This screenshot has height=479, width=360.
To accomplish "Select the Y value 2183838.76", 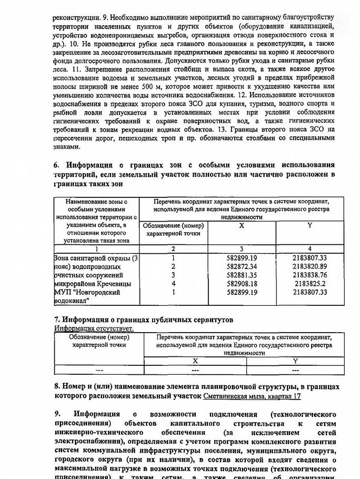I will tap(310, 275).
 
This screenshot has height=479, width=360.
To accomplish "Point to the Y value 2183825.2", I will tap(310, 283).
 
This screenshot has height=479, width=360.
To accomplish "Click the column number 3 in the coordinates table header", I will tap(242, 248).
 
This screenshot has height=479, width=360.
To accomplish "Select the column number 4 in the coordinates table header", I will tap(310, 248).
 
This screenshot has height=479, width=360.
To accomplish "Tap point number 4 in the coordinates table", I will tap(173, 283).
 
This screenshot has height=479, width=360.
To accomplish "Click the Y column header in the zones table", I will tap(310, 226).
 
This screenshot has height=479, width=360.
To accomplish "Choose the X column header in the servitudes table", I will tap(195, 361).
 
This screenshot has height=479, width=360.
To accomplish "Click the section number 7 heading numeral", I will tap(57, 320).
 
